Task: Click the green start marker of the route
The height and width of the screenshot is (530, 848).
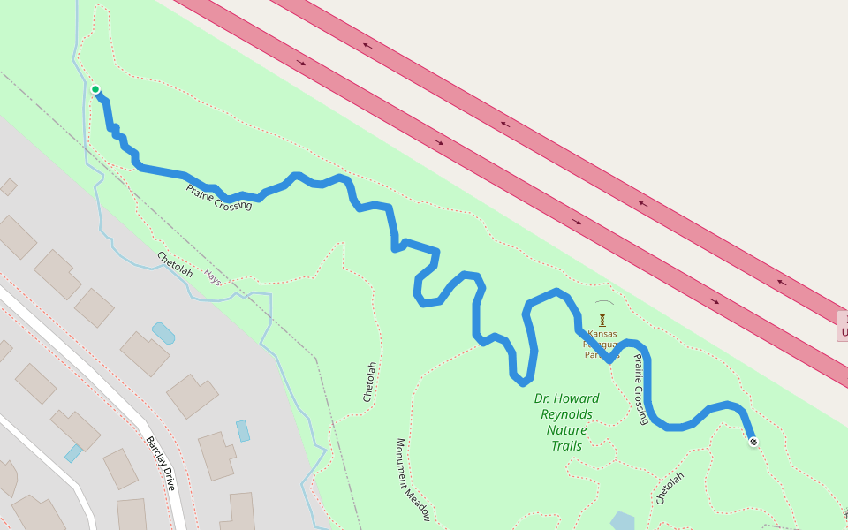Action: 95,89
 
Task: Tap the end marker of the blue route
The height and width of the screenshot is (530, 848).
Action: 753,442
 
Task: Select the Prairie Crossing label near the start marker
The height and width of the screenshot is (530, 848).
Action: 219,197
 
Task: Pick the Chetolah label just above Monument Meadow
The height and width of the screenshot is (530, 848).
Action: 370,382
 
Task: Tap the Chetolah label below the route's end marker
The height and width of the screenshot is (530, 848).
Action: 670,488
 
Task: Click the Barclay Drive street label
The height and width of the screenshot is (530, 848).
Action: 161,464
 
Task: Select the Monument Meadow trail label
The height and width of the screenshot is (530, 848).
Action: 413,481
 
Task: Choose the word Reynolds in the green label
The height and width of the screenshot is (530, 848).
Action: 566,414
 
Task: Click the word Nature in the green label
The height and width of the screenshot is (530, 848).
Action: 566,430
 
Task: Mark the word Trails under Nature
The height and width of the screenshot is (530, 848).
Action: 566,446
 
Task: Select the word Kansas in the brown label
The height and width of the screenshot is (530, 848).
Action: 602,334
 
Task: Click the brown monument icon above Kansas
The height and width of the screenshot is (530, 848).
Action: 602,319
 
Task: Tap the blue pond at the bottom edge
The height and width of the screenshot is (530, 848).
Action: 622,521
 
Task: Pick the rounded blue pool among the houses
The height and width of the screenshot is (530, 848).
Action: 163,333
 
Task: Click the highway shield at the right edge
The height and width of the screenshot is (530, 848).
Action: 843,326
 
